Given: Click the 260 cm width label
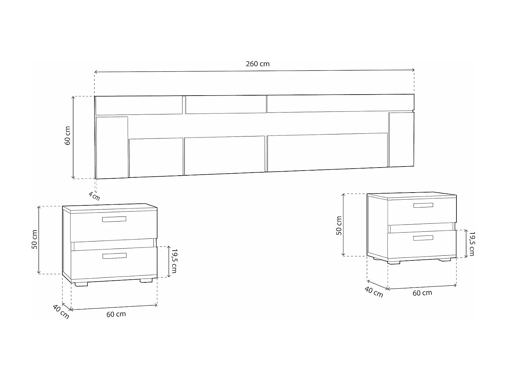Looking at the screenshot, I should pyautogui.click(x=258, y=64).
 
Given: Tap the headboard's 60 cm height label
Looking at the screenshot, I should pyautogui.click(x=68, y=135).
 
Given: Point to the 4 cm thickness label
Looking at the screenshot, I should pyautogui.click(x=94, y=196).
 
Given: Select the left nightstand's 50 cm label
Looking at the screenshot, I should pyautogui.click(x=34, y=239).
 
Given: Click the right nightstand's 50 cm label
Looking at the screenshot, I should pyautogui.click(x=339, y=225).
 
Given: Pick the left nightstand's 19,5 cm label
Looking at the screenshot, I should pyautogui.click(x=174, y=261).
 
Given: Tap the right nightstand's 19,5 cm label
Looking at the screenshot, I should pyautogui.click(x=472, y=244).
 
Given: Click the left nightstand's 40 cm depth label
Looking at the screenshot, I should pyautogui.click(x=61, y=311).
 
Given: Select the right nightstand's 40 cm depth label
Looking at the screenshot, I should pyautogui.click(x=374, y=292).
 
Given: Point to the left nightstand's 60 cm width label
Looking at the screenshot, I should pyautogui.click(x=116, y=314).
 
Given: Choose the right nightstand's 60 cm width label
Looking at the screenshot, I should pyautogui.click(x=422, y=293).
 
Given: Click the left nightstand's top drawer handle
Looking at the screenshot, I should pyautogui.click(x=114, y=219).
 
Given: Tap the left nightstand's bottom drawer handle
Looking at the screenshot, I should pyautogui.click(x=114, y=256).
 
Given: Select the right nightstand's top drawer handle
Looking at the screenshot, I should pyautogui.click(x=423, y=205).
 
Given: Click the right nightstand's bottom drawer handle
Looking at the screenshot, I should pyautogui.click(x=423, y=238).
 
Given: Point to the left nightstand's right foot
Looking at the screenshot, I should pyautogui.click(x=146, y=281).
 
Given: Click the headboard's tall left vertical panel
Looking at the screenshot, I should pyautogui.click(x=112, y=147).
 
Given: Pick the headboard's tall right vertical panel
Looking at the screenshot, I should pyautogui.click(x=401, y=140).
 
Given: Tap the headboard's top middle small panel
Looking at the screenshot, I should pyautogui.click(x=225, y=105).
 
